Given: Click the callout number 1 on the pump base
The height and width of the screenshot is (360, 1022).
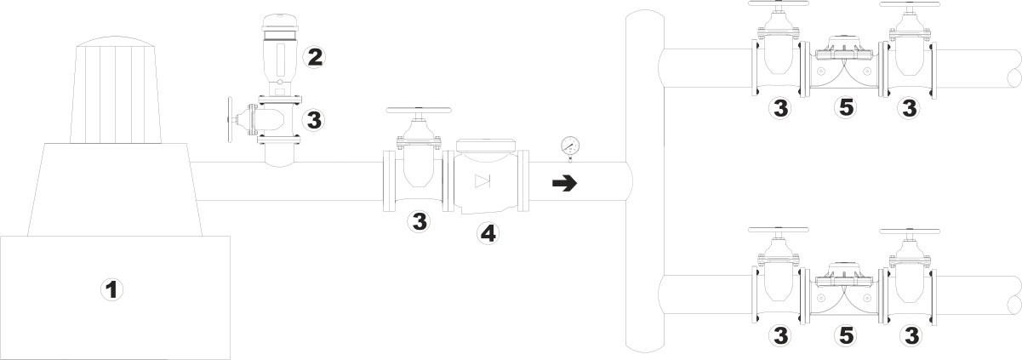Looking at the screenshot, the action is coord(111,289).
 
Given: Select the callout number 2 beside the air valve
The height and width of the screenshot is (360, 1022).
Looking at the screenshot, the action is coord(314,57).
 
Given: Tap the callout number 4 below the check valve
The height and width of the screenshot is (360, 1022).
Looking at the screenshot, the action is coord(488,233).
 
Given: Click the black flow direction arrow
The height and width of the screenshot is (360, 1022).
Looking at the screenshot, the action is coord(565,184).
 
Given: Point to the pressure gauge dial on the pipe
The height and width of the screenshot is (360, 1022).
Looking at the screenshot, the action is coord(570,146).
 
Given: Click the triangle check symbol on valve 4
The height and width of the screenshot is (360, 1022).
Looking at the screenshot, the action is coord(482,181).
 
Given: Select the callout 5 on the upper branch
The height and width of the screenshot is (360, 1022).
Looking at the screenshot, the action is coord(846,108).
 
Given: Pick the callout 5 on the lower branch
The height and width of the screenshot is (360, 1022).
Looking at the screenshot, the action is coord(846,336).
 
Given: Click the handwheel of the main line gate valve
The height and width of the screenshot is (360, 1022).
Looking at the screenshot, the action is coord(419,110).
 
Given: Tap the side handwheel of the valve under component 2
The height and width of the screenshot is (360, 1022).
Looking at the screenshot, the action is coord(231,119).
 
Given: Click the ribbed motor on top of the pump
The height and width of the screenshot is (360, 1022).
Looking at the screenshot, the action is coord(115,90).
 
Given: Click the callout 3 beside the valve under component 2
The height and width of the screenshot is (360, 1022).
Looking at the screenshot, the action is coord(314,121).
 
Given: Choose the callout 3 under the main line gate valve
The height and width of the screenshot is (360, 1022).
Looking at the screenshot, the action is coord(419,220).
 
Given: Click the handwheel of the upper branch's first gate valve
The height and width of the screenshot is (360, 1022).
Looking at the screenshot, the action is coord(779,3).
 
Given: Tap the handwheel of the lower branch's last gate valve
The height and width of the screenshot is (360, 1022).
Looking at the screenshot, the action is coord(910,231).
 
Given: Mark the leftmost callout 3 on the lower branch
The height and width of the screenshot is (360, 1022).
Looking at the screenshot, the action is coord(780,336).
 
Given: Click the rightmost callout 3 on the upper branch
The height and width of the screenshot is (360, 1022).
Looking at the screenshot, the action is coord(910,108).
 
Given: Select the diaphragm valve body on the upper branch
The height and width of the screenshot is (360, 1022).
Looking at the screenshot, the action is coord(843,69).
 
